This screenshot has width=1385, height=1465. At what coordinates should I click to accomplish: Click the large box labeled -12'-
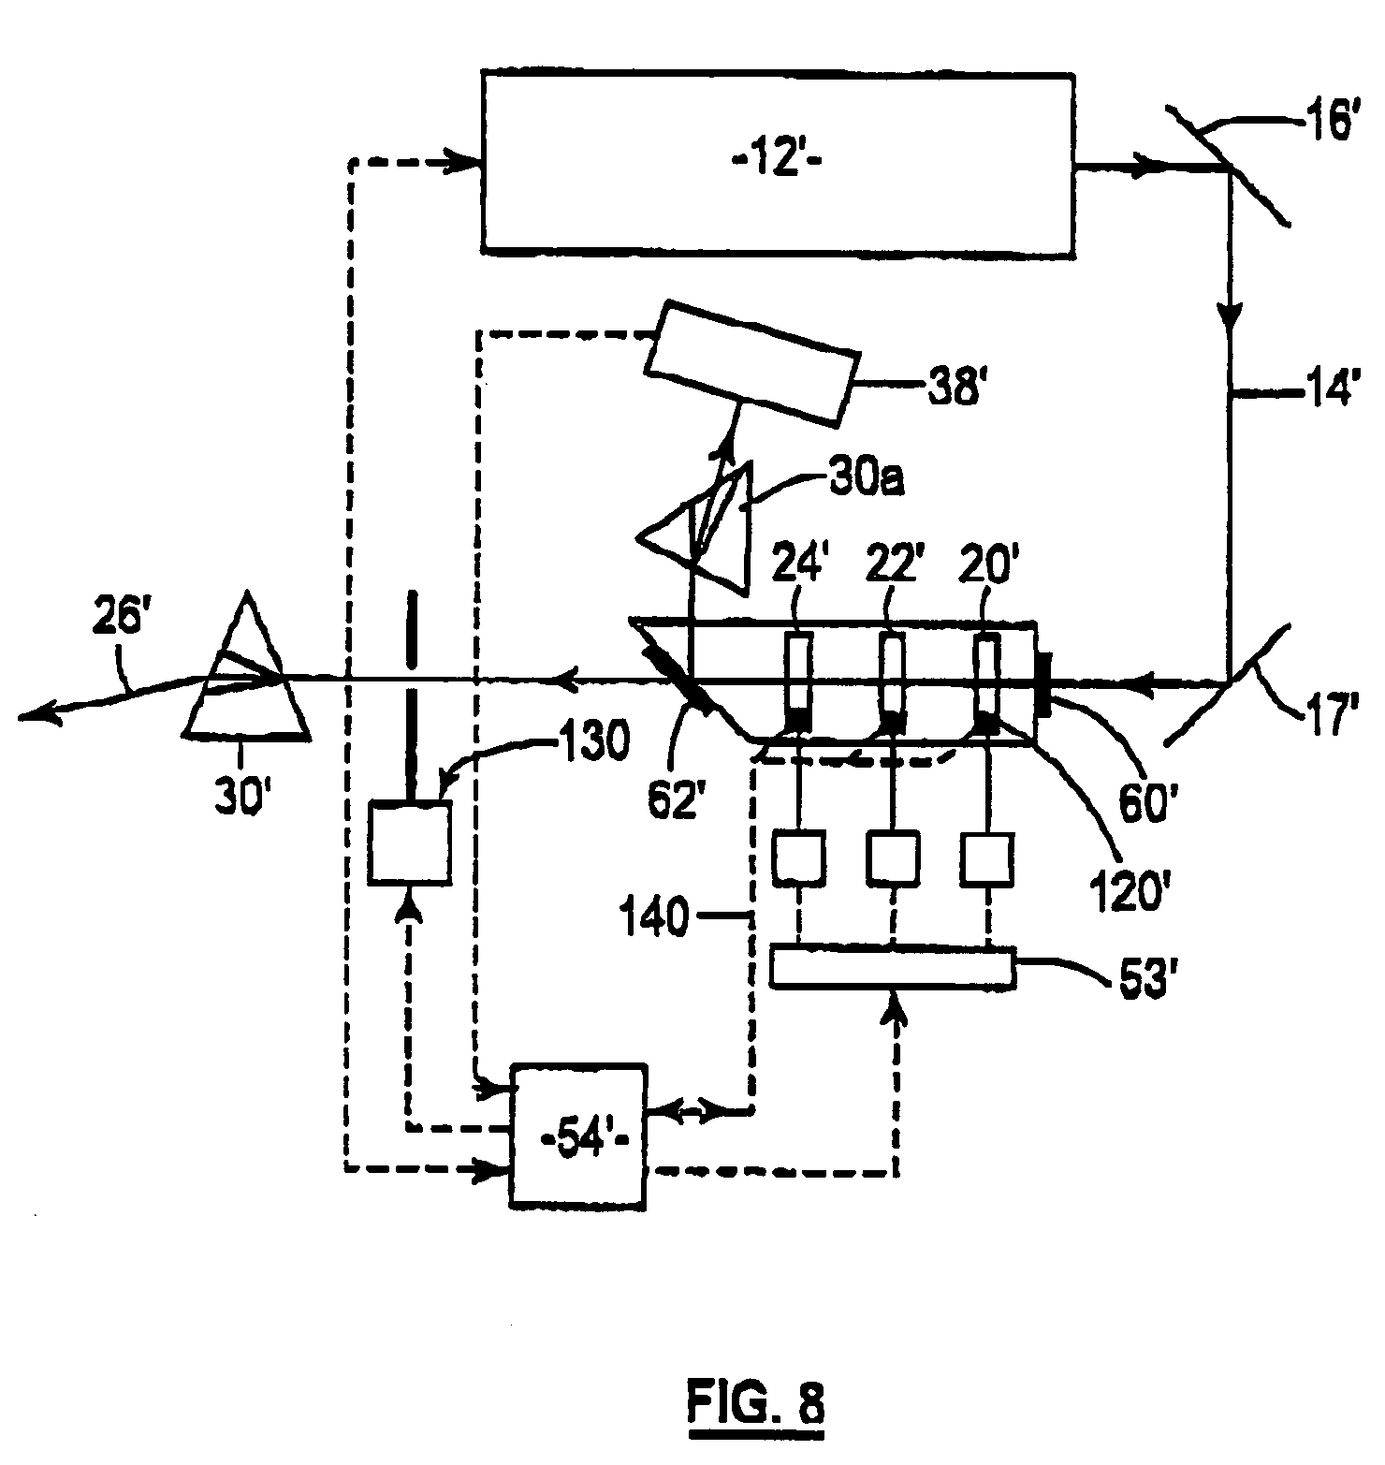pos(777,164)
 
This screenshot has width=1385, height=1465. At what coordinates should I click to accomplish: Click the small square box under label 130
pos(409,840)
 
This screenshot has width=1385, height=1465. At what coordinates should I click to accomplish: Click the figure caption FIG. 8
pos(755,1403)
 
